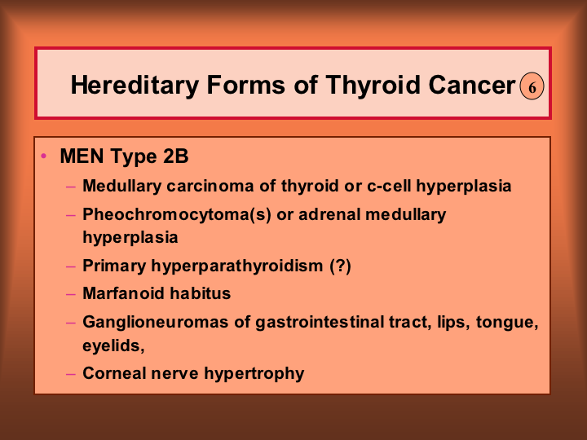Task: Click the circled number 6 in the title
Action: coord(532,86)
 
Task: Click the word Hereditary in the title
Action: coord(135,86)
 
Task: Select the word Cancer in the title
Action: coord(472,86)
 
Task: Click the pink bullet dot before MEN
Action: coord(44,156)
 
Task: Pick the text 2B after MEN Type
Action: coord(176,156)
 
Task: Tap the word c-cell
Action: coord(389,186)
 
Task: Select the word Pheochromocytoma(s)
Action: coord(177,215)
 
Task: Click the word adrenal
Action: coord(329,214)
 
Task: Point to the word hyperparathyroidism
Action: coord(237,266)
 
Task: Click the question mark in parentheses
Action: coord(341,266)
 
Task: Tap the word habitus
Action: coord(201,293)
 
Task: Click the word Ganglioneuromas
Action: coord(156,323)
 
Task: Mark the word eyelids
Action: coord(113,345)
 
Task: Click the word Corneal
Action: coord(114,373)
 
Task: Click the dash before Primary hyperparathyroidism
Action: coord(71,266)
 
